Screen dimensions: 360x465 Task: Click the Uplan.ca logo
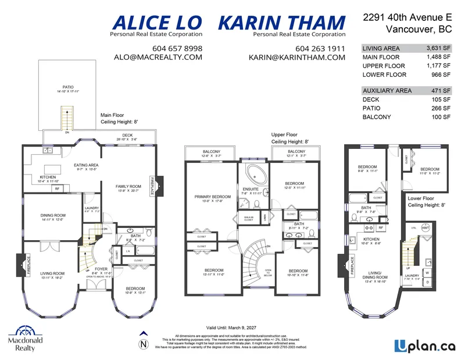(x=423, y=345)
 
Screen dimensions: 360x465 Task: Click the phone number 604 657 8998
(x=177, y=48)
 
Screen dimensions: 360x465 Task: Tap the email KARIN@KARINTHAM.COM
(x=296, y=58)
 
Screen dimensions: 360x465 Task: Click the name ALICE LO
(x=156, y=23)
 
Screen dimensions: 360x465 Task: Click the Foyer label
(x=102, y=269)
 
